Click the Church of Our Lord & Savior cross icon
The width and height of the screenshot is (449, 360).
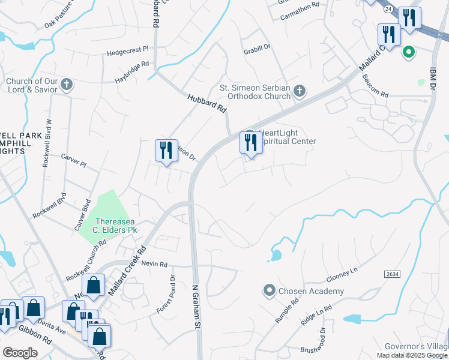[67, 85]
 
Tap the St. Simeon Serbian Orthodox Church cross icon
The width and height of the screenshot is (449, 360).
[299, 92]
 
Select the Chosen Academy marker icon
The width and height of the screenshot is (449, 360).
[269, 291]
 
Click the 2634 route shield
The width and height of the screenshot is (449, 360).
[392, 274]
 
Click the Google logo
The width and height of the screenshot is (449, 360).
[20, 353]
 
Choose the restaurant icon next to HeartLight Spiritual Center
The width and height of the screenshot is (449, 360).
[250, 143]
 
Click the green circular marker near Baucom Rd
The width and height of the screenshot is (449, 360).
[409, 53]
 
